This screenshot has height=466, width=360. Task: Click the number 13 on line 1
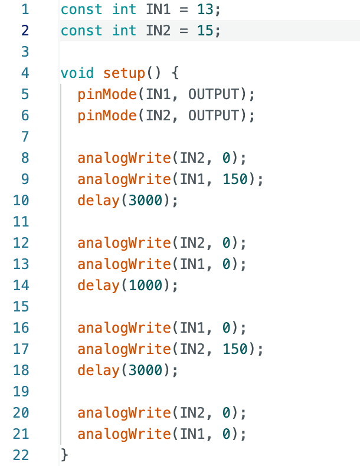click(206, 9)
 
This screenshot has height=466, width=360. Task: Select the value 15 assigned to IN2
click(206, 31)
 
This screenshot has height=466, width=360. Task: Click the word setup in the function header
click(124, 73)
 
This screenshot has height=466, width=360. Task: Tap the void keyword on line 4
click(77, 73)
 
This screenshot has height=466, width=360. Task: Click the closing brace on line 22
click(65, 454)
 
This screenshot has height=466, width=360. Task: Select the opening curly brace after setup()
click(175, 73)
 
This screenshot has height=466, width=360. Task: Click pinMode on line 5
click(107, 94)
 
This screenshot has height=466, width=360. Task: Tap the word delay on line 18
click(99, 370)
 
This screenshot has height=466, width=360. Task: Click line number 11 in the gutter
click(20, 222)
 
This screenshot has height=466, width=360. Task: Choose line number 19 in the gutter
click(20, 392)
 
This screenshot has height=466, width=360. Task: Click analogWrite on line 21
click(124, 434)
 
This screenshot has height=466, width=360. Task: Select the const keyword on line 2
click(81, 31)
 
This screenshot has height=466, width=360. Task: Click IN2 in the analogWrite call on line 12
click(192, 243)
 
